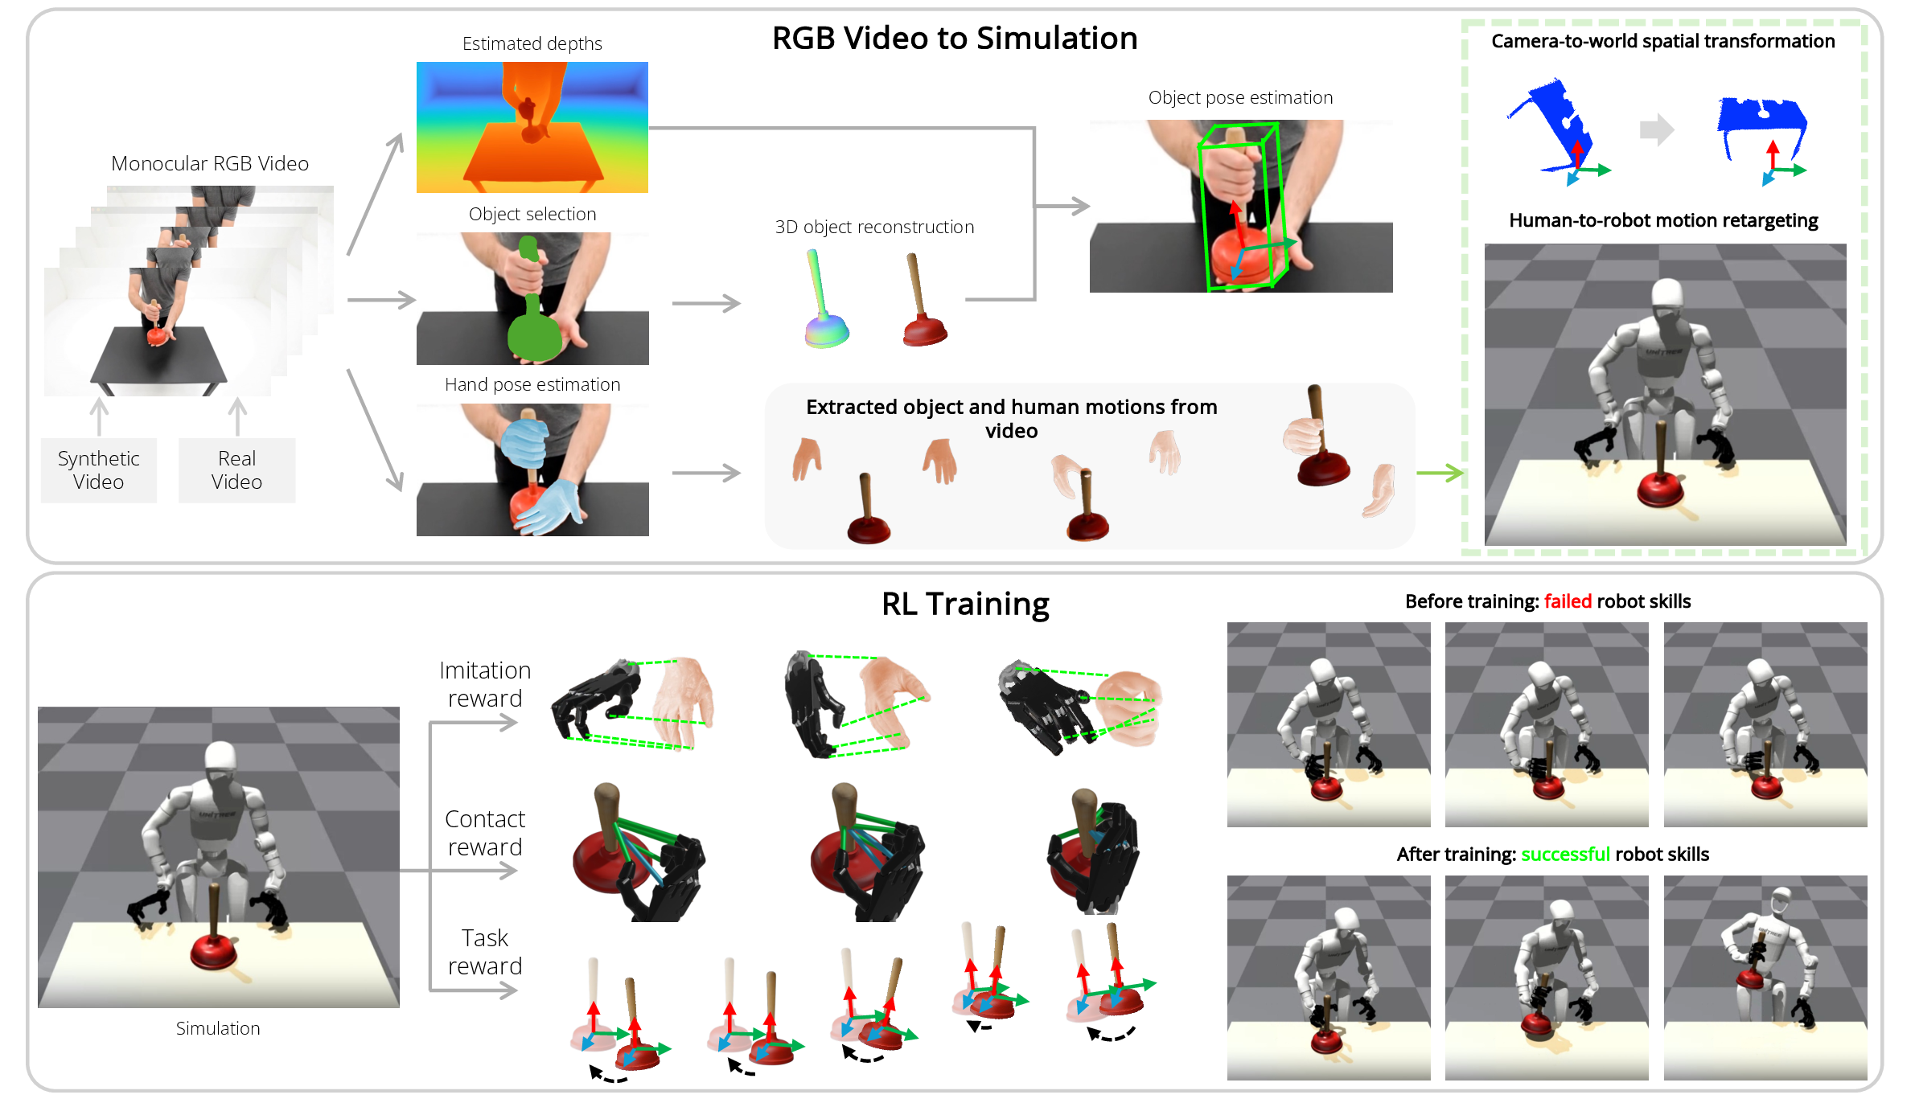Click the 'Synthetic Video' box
tap(98, 470)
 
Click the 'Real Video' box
tap(236, 470)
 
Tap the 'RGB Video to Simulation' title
tap(955, 39)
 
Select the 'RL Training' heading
tap(965, 604)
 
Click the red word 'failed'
tap(1568, 601)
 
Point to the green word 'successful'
tap(1565, 854)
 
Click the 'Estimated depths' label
tap(532, 43)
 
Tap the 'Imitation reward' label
tap(485, 684)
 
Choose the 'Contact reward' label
tap(485, 833)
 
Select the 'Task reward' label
tap(485, 952)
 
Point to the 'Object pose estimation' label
tap(1240, 98)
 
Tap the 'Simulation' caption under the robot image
tap(218, 1028)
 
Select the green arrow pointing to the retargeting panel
tap(1440, 473)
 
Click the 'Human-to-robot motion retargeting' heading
tap(1663, 220)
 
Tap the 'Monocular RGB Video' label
tap(210, 164)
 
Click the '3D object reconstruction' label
tap(874, 228)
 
